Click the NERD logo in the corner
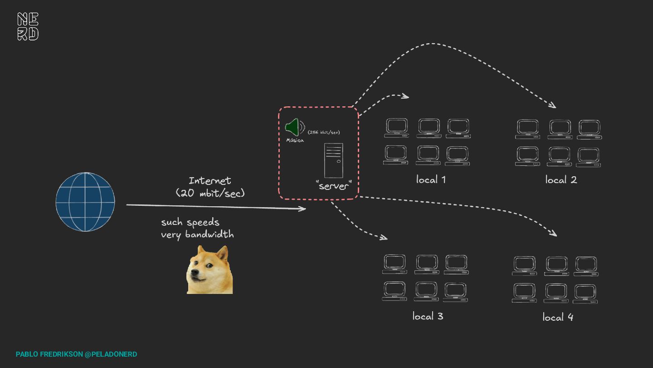28,26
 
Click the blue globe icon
85,202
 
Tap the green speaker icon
293,127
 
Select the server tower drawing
334,160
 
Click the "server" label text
333,185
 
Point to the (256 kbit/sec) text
323,132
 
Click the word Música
295,140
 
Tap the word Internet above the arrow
210,181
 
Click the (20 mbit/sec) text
210,193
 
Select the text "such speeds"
190,222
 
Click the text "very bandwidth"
197,234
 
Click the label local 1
431,179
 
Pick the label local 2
561,180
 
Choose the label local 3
428,316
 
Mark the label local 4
558,317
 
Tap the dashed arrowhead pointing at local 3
384,237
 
